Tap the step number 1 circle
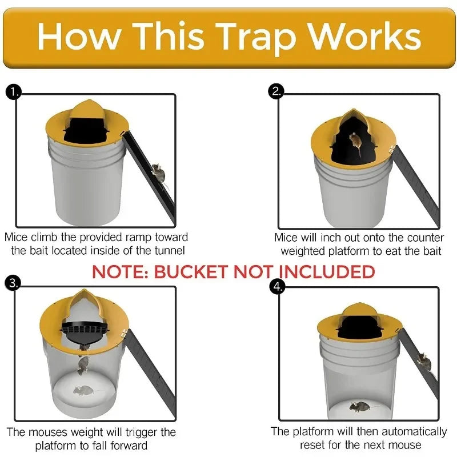[x=12, y=91]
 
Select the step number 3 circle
[x=12, y=282]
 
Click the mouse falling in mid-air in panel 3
[x=83, y=364]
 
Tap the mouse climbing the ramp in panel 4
[x=423, y=360]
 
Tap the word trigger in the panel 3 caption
[x=131, y=432]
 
